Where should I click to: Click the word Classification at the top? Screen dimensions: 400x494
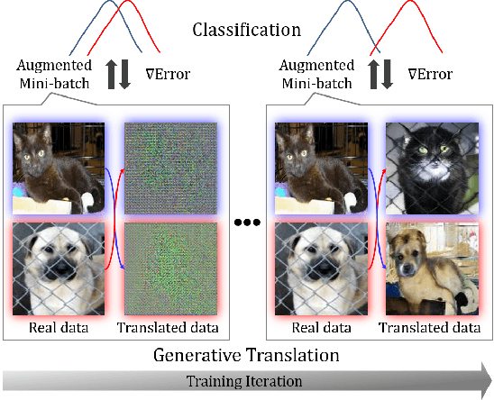[x=246, y=30]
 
